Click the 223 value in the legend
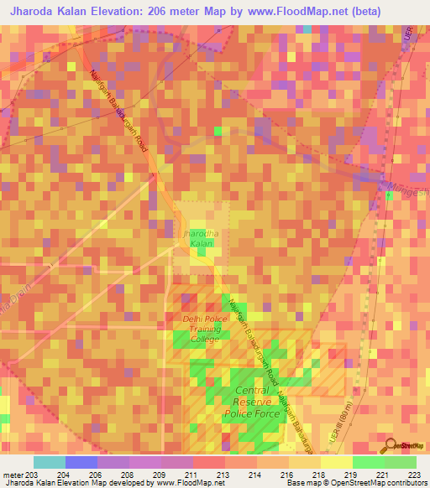(x=415, y=474)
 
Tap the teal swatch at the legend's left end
(x=50, y=462)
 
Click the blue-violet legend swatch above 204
(x=81, y=462)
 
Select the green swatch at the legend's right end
(x=400, y=462)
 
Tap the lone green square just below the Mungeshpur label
(x=390, y=197)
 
